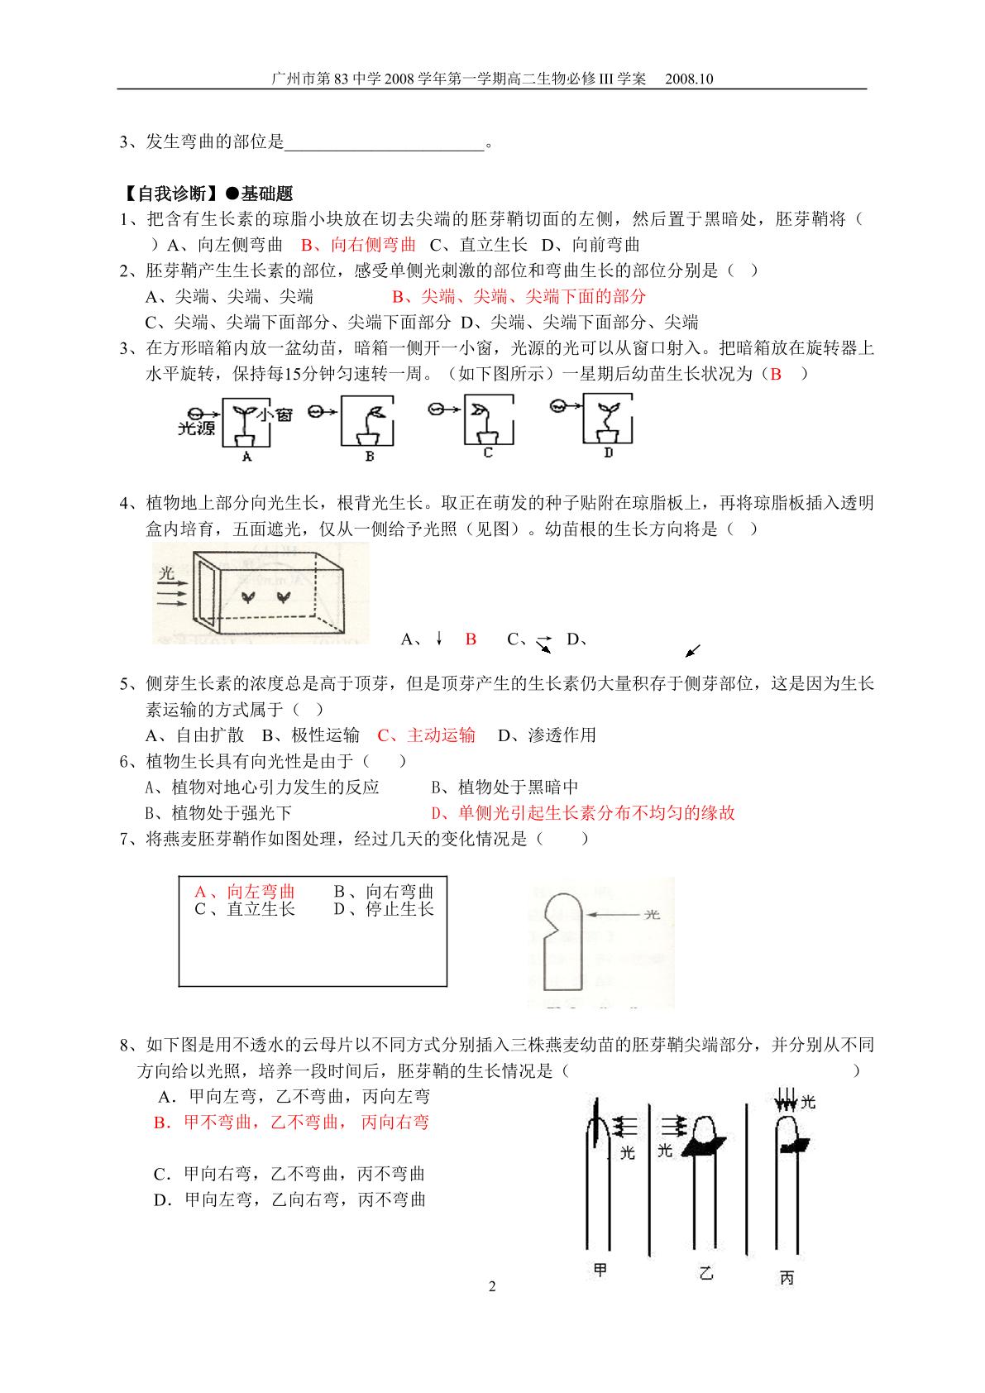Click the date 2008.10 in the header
pyautogui.click(x=688, y=79)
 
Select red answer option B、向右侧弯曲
pyautogui.click(x=358, y=245)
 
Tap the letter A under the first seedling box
pyautogui.click(x=247, y=457)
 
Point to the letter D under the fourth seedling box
pyautogui.click(x=608, y=452)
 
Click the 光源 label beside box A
pyautogui.click(x=196, y=428)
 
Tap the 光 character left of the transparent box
pyautogui.click(x=166, y=572)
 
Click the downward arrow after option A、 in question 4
pyautogui.click(x=439, y=638)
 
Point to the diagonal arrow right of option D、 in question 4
pyautogui.click(x=692, y=650)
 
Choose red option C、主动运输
pyautogui.click(x=426, y=735)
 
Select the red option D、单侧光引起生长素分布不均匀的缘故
pyautogui.click(x=583, y=813)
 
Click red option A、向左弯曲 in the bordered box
pyautogui.click(x=244, y=891)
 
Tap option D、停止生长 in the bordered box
pyautogui.click(x=383, y=909)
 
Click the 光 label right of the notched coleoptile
pyautogui.click(x=652, y=914)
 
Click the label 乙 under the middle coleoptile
pyautogui.click(x=705, y=1273)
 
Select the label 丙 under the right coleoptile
pyautogui.click(x=787, y=1278)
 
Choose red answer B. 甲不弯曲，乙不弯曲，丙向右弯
pyautogui.click(x=291, y=1122)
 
